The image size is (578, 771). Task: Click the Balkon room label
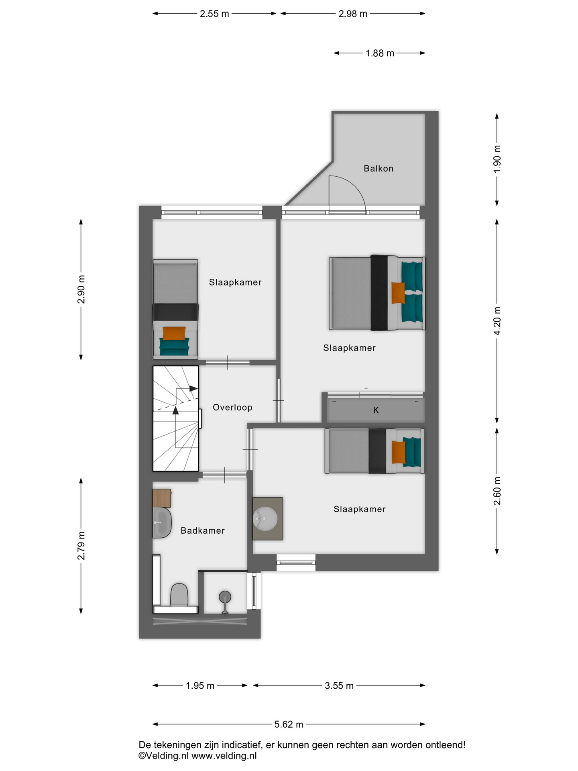(x=378, y=169)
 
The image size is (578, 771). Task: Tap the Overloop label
(x=232, y=408)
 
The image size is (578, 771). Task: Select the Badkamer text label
(x=202, y=531)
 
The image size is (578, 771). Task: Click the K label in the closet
(x=376, y=410)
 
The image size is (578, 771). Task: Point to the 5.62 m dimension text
(x=289, y=724)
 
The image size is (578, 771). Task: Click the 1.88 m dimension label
(x=380, y=53)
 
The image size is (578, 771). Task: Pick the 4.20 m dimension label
(x=497, y=321)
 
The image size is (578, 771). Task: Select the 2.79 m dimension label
(x=81, y=546)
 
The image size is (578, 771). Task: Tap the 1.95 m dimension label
(x=200, y=686)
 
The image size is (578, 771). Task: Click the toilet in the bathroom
(x=179, y=595)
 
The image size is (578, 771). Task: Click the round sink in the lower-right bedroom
(x=266, y=518)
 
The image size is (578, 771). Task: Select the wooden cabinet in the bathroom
(x=162, y=498)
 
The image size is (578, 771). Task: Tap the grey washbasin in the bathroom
(x=162, y=523)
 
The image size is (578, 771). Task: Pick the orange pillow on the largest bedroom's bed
(x=398, y=293)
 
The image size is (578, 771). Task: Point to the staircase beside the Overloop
(x=176, y=418)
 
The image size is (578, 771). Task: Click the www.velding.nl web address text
(x=224, y=756)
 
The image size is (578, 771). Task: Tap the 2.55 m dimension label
(x=214, y=14)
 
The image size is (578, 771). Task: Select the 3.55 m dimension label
(x=339, y=686)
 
